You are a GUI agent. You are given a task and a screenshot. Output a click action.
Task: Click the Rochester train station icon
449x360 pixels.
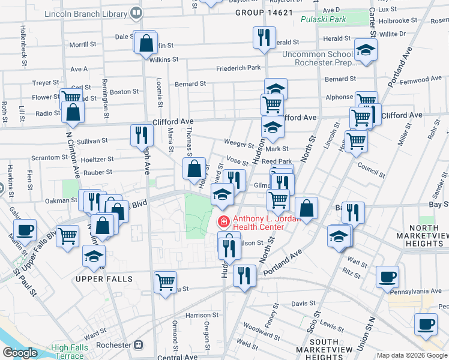(x=139, y=345)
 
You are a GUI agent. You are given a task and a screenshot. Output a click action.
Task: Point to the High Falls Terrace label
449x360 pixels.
(x=68, y=352)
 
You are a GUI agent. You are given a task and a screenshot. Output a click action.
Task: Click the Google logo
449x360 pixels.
(x=20, y=353)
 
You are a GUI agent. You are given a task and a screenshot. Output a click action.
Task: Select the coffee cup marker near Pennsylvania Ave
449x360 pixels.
(x=387, y=277)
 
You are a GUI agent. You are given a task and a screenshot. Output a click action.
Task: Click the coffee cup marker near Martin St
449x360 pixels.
(x=25, y=229)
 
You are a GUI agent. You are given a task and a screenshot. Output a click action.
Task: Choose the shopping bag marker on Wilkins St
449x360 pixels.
(x=146, y=43)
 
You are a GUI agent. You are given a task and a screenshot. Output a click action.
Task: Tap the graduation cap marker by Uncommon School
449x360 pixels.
(x=364, y=51)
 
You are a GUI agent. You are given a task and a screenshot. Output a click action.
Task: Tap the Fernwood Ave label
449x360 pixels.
(x=421, y=79)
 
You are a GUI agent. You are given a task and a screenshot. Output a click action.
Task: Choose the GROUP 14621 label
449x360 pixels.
(x=264, y=12)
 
